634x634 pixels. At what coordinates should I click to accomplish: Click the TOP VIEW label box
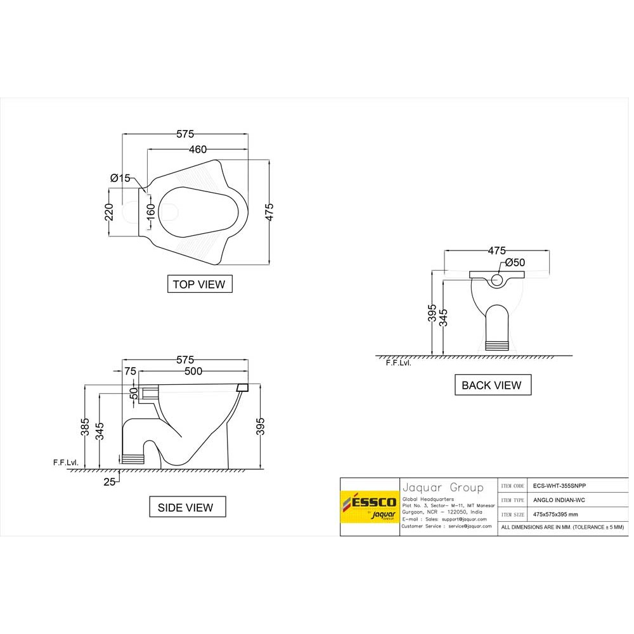tap(199, 284)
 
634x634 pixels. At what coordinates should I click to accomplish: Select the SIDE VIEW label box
tap(186, 507)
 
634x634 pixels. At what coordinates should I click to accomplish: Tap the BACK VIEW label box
tap(492, 385)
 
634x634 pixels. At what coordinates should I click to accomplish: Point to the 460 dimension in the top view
tap(197, 150)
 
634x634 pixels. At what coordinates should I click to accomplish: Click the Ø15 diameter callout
tap(120, 178)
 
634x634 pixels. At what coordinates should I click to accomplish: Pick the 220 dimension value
tap(109, 212)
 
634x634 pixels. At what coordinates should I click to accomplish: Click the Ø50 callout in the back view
tap(515, 262)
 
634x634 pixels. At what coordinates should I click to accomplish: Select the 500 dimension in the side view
tap(194, 371)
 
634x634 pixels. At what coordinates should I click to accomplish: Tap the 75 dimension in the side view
tap(131, 371)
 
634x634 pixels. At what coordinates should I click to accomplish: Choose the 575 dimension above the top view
tap(184, 134)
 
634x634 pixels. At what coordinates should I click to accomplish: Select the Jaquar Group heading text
tap(443, 488)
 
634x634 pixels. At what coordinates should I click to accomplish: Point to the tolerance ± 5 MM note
tap(562, 527)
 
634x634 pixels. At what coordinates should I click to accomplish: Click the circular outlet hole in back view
tap(497, 278)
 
